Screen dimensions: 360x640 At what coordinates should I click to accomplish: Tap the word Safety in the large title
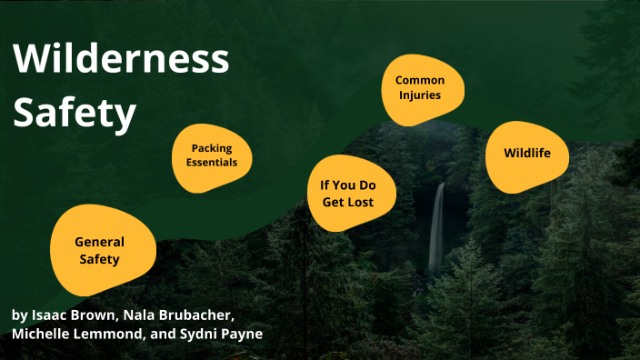coord(75,114)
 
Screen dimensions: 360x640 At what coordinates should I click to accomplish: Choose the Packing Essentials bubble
coord(213,156)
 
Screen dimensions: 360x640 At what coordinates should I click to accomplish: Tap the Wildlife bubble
coord(527,153)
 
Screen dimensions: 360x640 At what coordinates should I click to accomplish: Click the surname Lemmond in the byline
coord(114,335)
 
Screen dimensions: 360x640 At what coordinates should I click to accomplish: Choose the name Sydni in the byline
coord(206,335)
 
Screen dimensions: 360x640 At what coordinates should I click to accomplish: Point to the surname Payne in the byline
coord(244,335)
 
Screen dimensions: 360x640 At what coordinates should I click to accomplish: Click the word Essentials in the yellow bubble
coord(212,163)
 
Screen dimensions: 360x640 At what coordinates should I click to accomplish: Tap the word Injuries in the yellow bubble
coord(419,95)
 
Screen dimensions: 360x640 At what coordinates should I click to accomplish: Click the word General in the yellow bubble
coord(99,242)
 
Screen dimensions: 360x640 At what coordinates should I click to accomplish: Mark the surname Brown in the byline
coord(91,315)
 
